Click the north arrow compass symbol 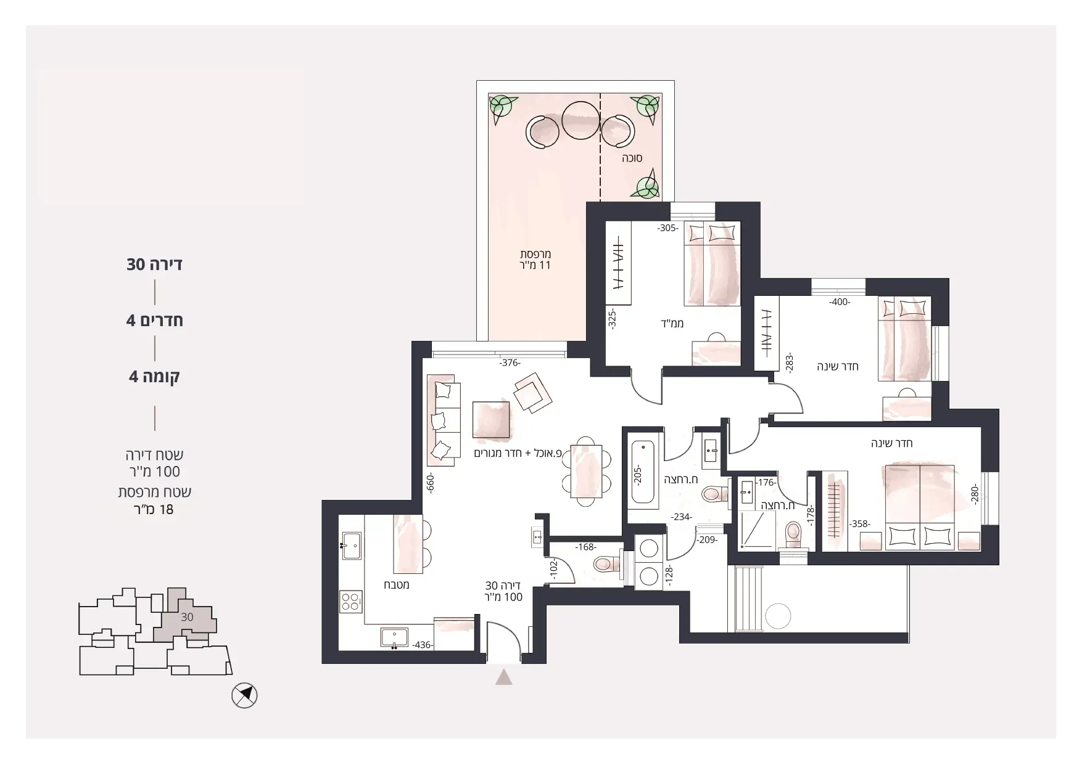tap(244, 696)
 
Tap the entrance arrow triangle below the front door tap(504, 677)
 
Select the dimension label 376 tap(510, 363)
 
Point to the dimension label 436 tap(423, 645)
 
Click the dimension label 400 tap(840, 302)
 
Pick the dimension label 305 tap(667, 228)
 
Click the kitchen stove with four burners tap(351, 602)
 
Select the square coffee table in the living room tap(492, 420)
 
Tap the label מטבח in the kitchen tap(397, 584)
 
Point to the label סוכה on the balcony tap(632, 158)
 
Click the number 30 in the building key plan tap(187, 616)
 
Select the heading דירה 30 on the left tap(154, 264)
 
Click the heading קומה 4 tap(154, 376)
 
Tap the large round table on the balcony tap(580, 120)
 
